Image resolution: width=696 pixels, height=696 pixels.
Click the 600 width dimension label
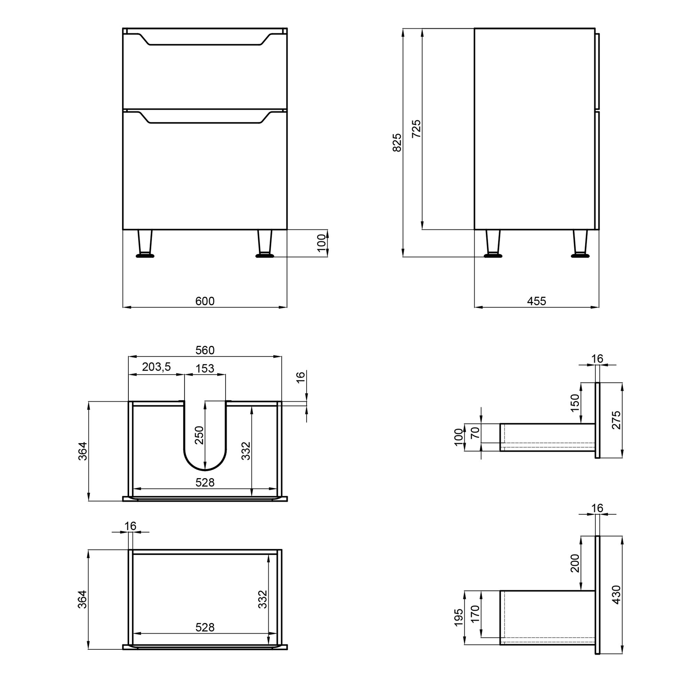[x=205, y=301]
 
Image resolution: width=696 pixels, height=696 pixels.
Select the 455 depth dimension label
[x=536, y=301]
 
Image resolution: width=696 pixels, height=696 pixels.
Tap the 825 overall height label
[x=397, y=142]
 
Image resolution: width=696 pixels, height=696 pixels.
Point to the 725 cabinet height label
[x=416, y=129]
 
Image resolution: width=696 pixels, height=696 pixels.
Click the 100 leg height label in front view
[x=322, y=243]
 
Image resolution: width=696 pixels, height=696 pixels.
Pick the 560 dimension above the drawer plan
[x=205, y=350]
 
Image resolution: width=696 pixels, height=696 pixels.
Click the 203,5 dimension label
[x=156, y=367]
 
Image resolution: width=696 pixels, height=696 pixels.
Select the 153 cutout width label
[x=205, y=368]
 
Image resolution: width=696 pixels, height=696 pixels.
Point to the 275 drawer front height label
[x=616, y=420]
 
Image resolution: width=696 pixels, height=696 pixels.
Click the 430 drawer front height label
[x=616, y=595]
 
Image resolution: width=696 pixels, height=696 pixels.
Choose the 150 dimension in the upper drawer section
[x=575, y=403]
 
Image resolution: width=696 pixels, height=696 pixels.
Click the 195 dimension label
[x=458, y=617]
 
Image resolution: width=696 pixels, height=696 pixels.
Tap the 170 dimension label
[x=475, y=614]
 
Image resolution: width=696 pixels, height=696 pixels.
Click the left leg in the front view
[x=145, y=243]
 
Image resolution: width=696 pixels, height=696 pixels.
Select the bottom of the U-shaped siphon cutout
[x=205, y=469]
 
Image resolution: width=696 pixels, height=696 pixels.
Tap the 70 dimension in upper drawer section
[x=475, y=432]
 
